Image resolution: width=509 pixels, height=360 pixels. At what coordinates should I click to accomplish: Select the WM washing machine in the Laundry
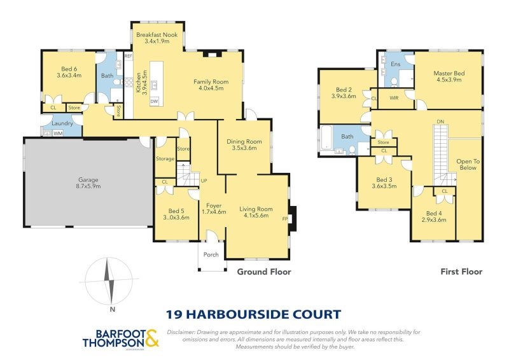(58, 133)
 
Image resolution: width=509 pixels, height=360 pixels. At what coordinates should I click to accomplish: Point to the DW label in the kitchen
(154, 101)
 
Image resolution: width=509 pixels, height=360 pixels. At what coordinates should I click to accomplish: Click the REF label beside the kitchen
(128, 57)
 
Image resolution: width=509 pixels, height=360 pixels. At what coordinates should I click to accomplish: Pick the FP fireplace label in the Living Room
(285, 219)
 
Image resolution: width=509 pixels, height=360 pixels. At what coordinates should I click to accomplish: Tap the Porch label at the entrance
(211, 255)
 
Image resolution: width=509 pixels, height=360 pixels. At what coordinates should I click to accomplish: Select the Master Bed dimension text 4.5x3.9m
(449, 81)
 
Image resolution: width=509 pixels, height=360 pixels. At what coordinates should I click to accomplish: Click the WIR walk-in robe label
(394, 98)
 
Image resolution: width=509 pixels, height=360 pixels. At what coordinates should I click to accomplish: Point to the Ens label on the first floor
(396, 64)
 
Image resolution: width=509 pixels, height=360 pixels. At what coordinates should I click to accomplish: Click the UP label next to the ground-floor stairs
(204, 181)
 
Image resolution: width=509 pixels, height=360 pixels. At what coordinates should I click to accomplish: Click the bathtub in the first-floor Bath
(325, 139)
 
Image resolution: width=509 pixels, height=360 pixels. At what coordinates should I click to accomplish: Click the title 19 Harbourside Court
(253, 314)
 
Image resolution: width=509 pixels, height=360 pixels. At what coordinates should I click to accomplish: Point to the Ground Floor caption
(264, 272)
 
